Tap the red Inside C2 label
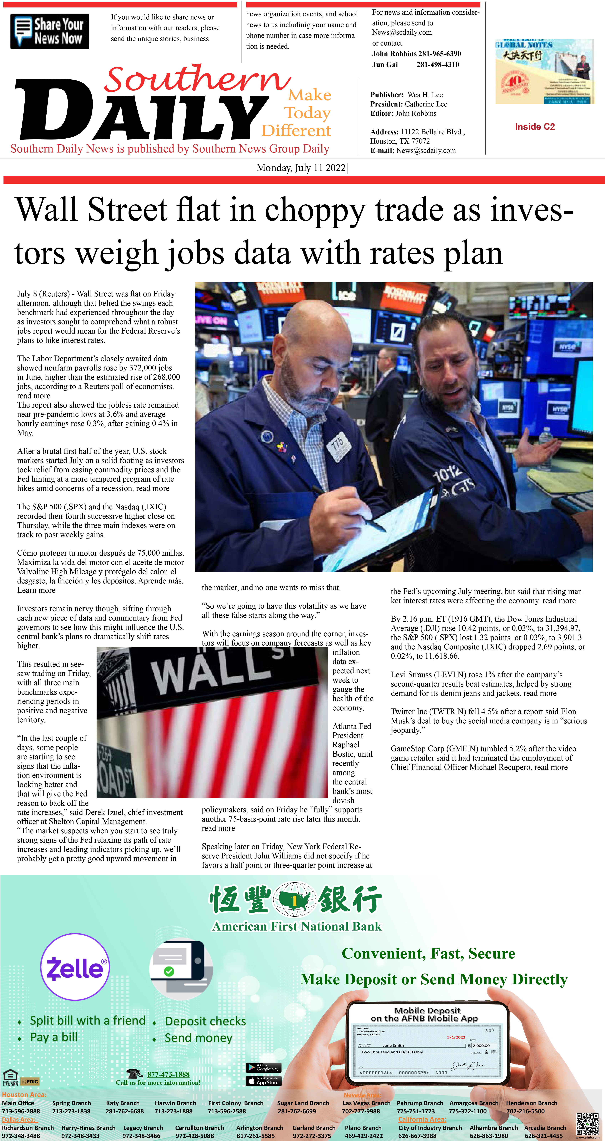[535, 127]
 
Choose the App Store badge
[263, 1081]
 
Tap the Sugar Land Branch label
[303, 1103]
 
